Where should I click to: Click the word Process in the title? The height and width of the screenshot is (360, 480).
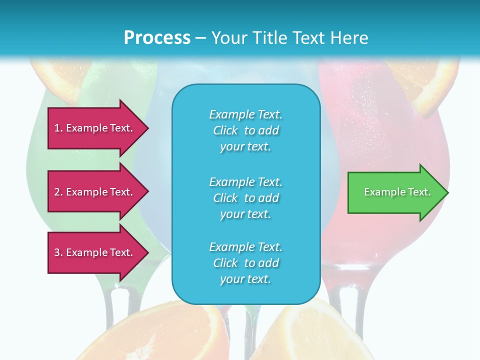point(157,38)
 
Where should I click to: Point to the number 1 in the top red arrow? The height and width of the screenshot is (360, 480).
point(57,128)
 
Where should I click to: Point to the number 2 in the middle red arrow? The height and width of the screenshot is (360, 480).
point(57,192)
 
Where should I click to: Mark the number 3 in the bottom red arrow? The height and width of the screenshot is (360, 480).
point(57,252)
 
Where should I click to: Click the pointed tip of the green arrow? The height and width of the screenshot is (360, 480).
point(446,192)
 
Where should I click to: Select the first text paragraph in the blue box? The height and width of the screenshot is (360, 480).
point(245,130)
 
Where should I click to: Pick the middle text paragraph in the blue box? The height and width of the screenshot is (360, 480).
point(245,198)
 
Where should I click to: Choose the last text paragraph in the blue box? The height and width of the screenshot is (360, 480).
point(245,263)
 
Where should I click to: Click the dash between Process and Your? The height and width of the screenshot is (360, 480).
point(200,38)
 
